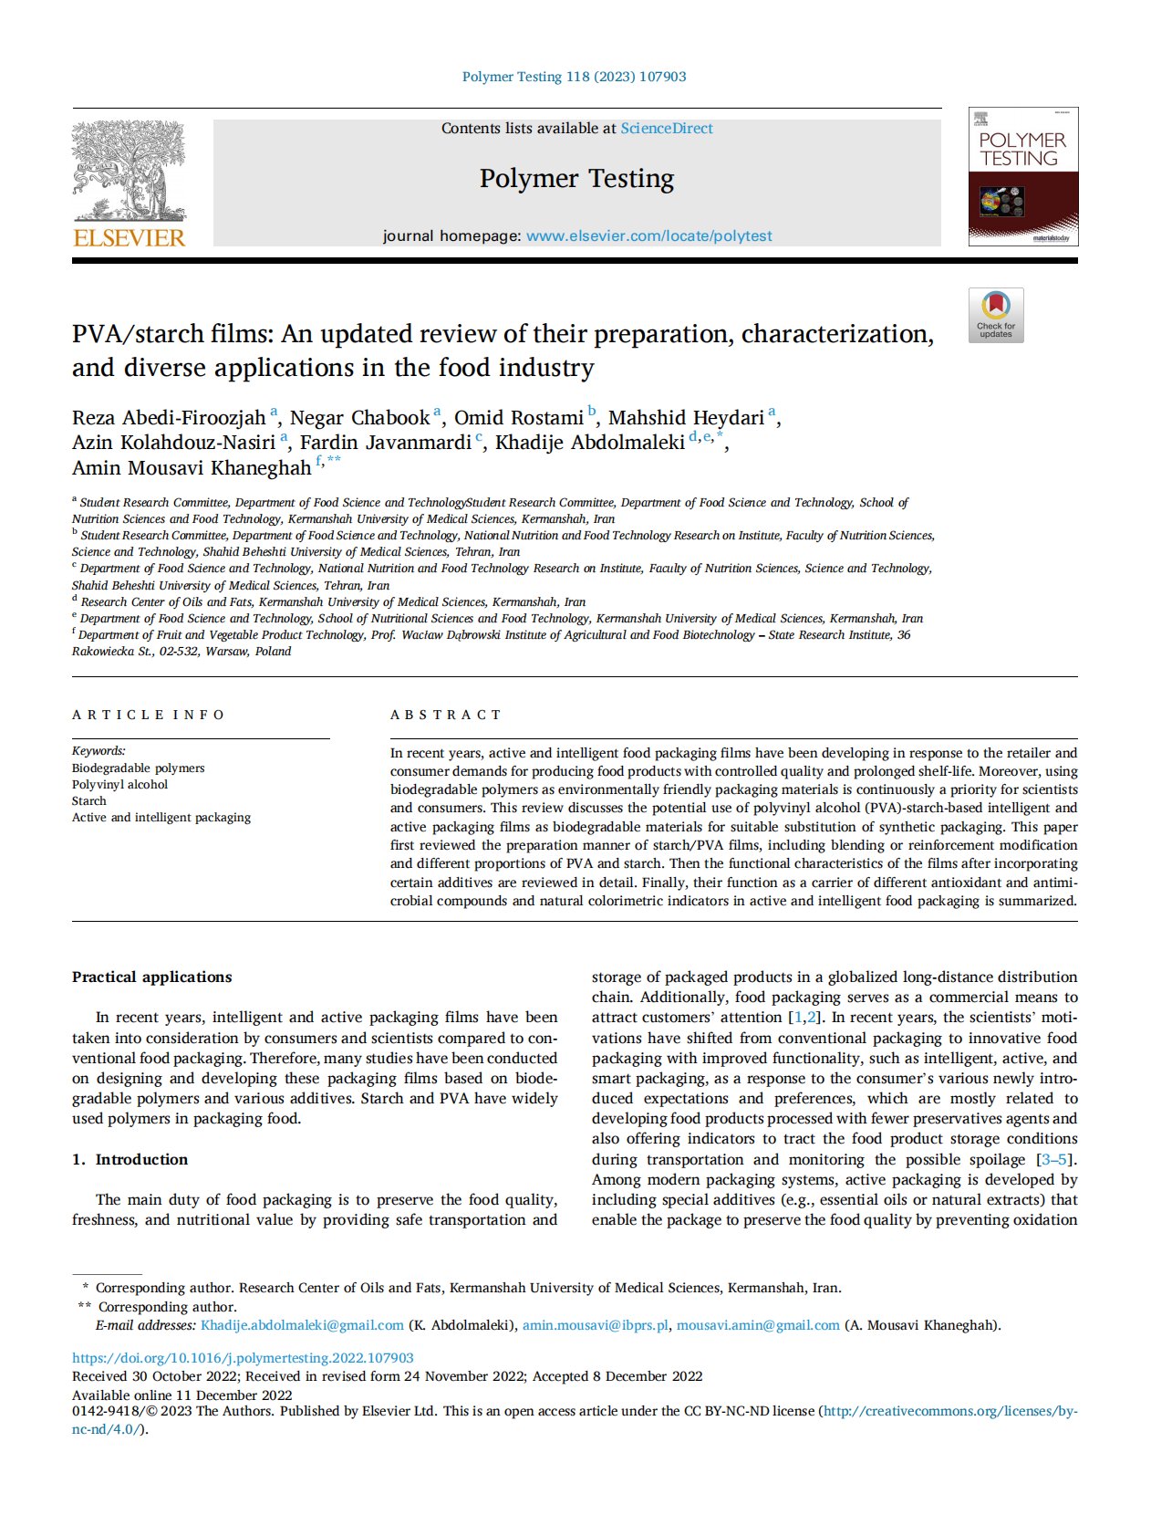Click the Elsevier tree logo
[x=129, y=171]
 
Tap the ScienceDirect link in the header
[x=667, y=129]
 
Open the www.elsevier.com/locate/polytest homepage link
[x=648, y=236]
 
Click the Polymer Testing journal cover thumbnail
[x=1022, y=176]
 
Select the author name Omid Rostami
[x=518, y=418]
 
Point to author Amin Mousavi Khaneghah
[x=192, y=468]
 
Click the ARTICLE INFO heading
[x=149, y=715]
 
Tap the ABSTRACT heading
[x=446, y=715]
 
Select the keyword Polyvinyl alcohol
[x=119, y=785]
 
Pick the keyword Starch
[x=89, y=801]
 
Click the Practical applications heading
[x=151, y=977]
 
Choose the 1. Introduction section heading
[x=130, y=1160]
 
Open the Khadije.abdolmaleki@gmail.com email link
[x=302, y=1325]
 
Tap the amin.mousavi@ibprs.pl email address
[x=596, y=1325]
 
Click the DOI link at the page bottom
[x=243, y=1358]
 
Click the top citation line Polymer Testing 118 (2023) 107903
[x=574, y=77]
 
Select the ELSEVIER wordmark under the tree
[x=129, y=238]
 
